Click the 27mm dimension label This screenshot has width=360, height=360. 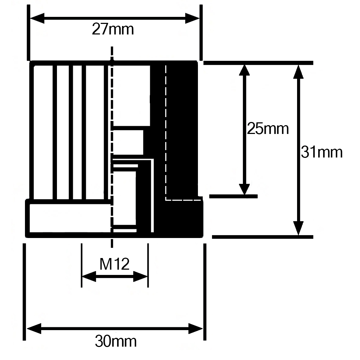click(113, 29)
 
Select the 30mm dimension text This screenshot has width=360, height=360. click(116, 341)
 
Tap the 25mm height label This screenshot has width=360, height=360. click(268, 129)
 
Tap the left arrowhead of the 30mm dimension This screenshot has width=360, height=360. click(34, 329)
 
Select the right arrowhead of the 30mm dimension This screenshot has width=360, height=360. click(195, 329)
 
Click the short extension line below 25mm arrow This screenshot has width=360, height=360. click(233, 196)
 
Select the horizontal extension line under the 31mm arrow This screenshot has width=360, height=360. click(262, 237)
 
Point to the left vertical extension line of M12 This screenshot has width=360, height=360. click(82, 265)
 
